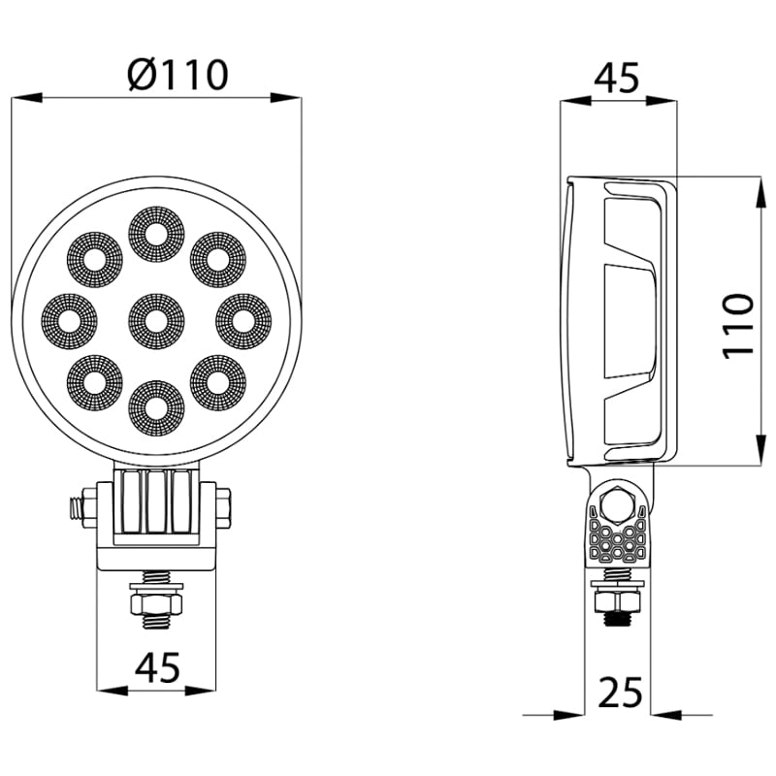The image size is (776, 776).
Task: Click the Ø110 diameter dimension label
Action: tap(177, 73)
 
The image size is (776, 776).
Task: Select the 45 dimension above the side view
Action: tap(617, 77)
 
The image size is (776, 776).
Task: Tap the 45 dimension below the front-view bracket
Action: tap(157, 666)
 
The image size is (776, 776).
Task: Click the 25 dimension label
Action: tap(621, 693)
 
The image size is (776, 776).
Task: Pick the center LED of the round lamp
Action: tap(156, 320)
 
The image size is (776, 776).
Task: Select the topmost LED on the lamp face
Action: tap(156, 234)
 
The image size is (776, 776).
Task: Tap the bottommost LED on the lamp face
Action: tap(156, 407)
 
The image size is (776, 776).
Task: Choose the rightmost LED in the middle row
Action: tap(242, 320)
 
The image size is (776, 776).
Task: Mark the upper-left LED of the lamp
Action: tap(95, 259)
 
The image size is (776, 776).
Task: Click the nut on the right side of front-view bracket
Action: tap(223, 505)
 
